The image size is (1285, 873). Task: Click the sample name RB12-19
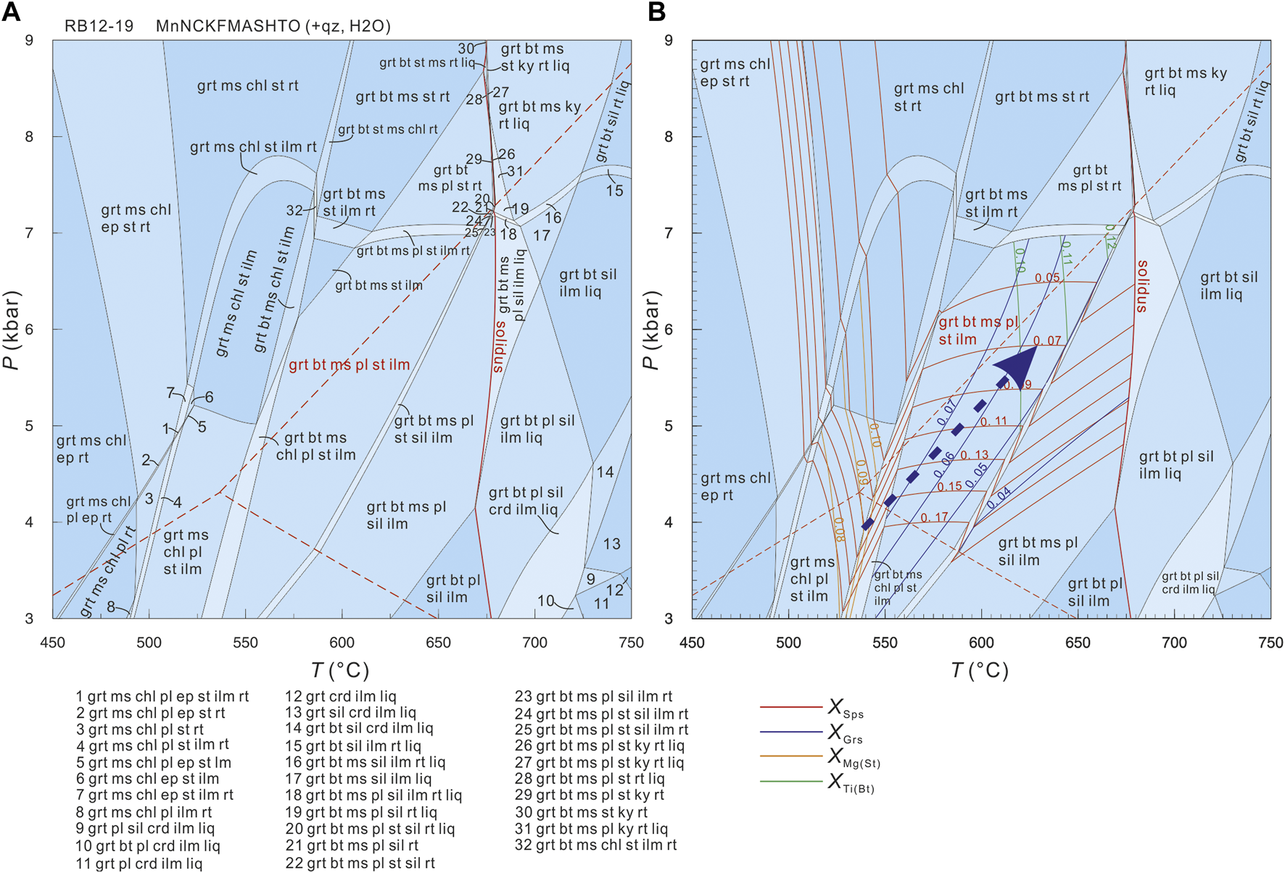[x=99, y=26]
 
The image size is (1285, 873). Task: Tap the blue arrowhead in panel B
[x=1018, y=367]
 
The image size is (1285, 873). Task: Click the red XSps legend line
[x=790, y=707]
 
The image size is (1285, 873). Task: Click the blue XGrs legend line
[x=790, y=732]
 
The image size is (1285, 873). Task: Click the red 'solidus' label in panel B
[x=1142, y=286]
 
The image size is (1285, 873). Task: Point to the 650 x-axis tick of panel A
[x=438, y=643]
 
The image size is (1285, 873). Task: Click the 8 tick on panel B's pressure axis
[x=669, y=136]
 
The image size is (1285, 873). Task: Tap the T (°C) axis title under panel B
[x=980, y=671]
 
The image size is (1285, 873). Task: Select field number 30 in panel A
[x=466, y=49]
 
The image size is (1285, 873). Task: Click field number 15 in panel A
[x=614, y=191]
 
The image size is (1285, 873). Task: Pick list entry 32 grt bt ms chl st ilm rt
[x=595, y=845]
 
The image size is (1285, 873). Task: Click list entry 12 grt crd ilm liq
[x=340, y=696]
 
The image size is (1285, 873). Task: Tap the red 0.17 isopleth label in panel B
[x=934, y=517]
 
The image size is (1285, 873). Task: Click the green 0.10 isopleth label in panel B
[x=1019, y=259]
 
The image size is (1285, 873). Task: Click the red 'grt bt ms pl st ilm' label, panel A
[x=350, y=365]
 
